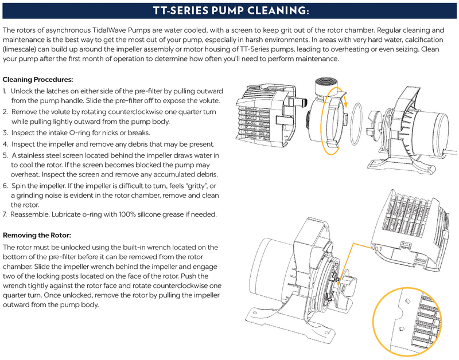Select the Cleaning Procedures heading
tap(38, 80)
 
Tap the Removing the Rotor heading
tap(37, 235)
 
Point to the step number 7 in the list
tap(5, 214)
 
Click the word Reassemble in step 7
tap(30, 214)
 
